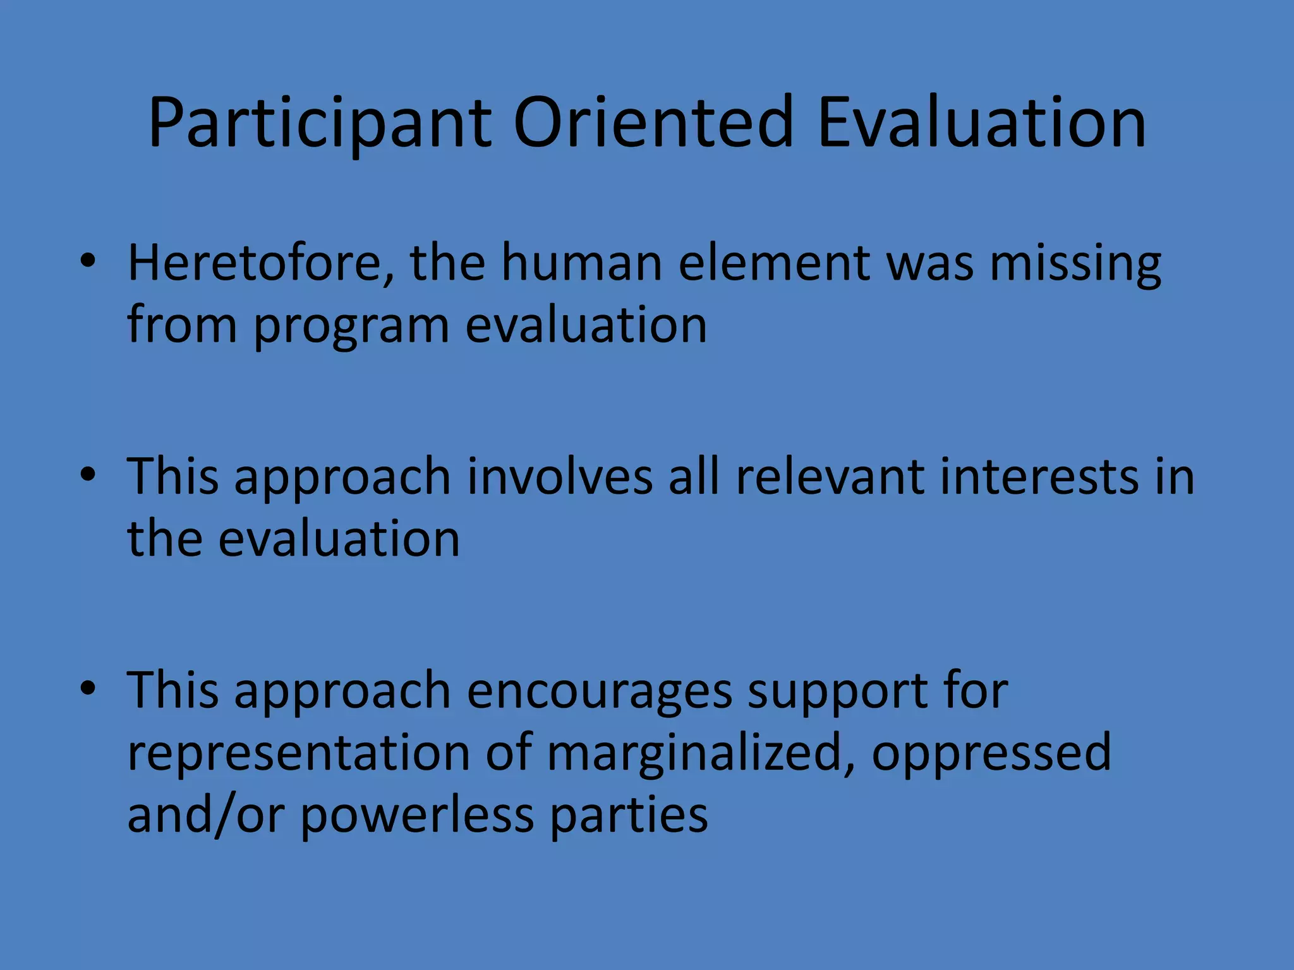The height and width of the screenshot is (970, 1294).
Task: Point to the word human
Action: point(581,263)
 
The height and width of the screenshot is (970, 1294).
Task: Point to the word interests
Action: point(1039,476)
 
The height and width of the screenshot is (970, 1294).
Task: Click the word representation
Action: point(299,753)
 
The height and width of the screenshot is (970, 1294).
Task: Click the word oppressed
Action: point(991,754)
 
